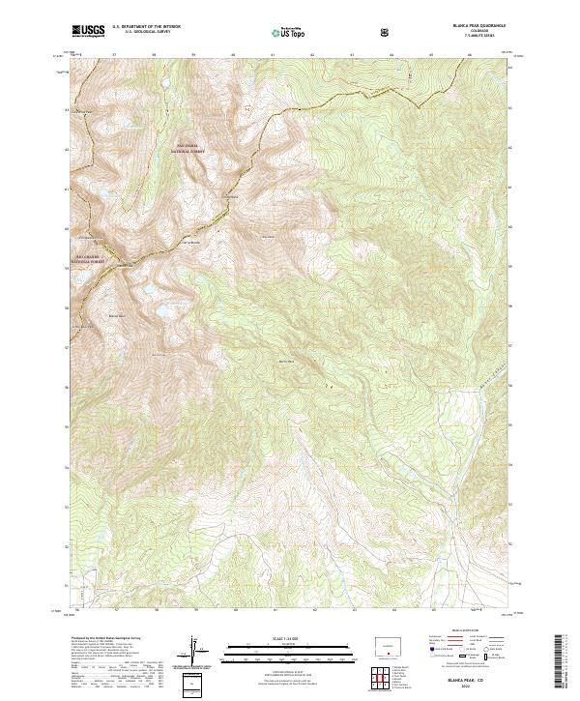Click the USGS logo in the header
pos(87,32)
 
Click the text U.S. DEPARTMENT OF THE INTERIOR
pos(146,27)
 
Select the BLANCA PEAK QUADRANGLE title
pos(450,26)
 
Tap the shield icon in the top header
pos(387,32)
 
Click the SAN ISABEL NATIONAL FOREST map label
pos(189,149)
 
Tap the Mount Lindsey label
pos(232,199)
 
